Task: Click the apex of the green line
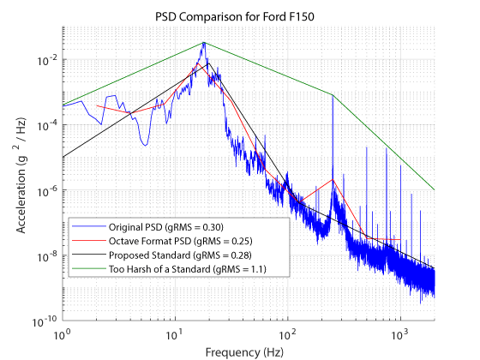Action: [x=204, y=43]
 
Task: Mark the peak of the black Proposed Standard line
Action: [x=208, y=63]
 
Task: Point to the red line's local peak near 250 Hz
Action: [x=333, y=180]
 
